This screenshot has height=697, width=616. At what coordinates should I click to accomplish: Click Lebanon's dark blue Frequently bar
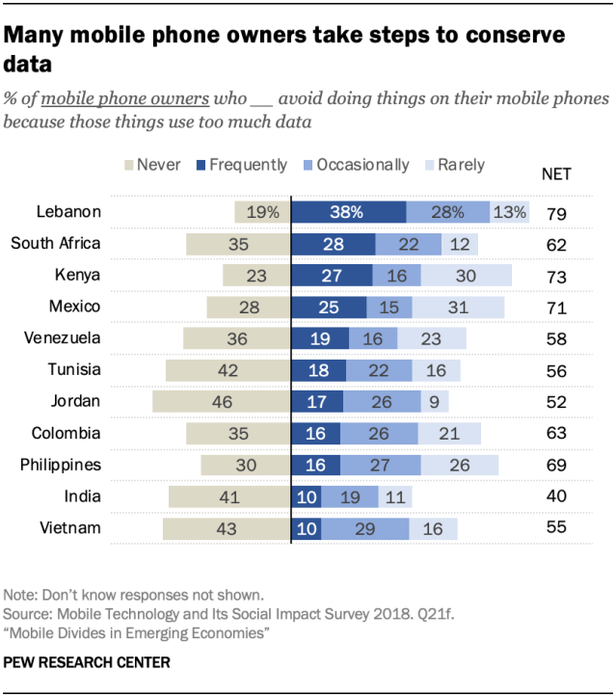coord(349,212)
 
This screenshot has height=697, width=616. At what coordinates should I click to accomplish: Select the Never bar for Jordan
coord(222,402)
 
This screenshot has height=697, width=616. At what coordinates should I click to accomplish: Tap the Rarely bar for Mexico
coord(458,308)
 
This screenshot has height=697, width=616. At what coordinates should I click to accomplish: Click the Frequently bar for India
coord(307,496)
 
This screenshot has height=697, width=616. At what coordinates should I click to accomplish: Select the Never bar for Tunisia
coord(228,370)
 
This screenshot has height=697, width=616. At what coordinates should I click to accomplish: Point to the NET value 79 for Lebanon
coord(556,213)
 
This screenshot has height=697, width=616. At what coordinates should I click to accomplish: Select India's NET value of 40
coord(556,497)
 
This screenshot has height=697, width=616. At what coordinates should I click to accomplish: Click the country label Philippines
coord(61,465)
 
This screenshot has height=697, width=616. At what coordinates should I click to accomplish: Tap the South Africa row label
coord(56,243)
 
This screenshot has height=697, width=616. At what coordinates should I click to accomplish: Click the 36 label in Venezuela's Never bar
coord(237,339)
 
